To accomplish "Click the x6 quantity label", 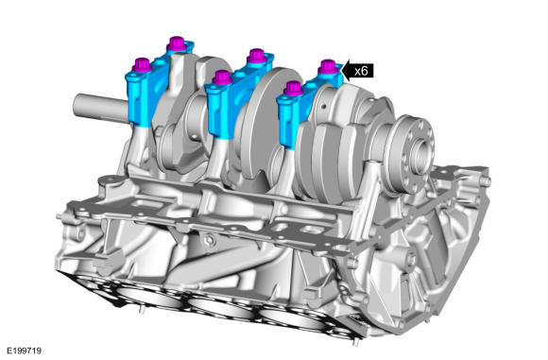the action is [361, 71].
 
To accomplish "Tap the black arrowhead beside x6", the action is [345, 71].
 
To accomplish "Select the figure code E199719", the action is [25, 351].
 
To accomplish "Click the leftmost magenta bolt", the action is [142, 65].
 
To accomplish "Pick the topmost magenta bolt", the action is [178, 44].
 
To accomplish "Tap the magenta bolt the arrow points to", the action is [328, 67].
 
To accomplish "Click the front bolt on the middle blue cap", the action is [222, 77].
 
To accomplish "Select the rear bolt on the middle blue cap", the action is [257, 56].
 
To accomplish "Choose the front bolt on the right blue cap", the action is [293, 89].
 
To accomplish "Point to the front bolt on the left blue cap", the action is [142, 65].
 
